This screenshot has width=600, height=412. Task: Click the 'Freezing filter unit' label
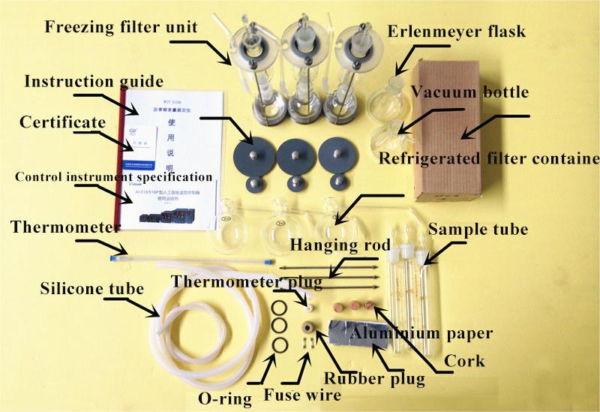click(x=120, y=29)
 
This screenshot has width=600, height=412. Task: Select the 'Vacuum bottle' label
click(x=469, y=92)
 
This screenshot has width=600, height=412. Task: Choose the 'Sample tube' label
click(x=478, y=230)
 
